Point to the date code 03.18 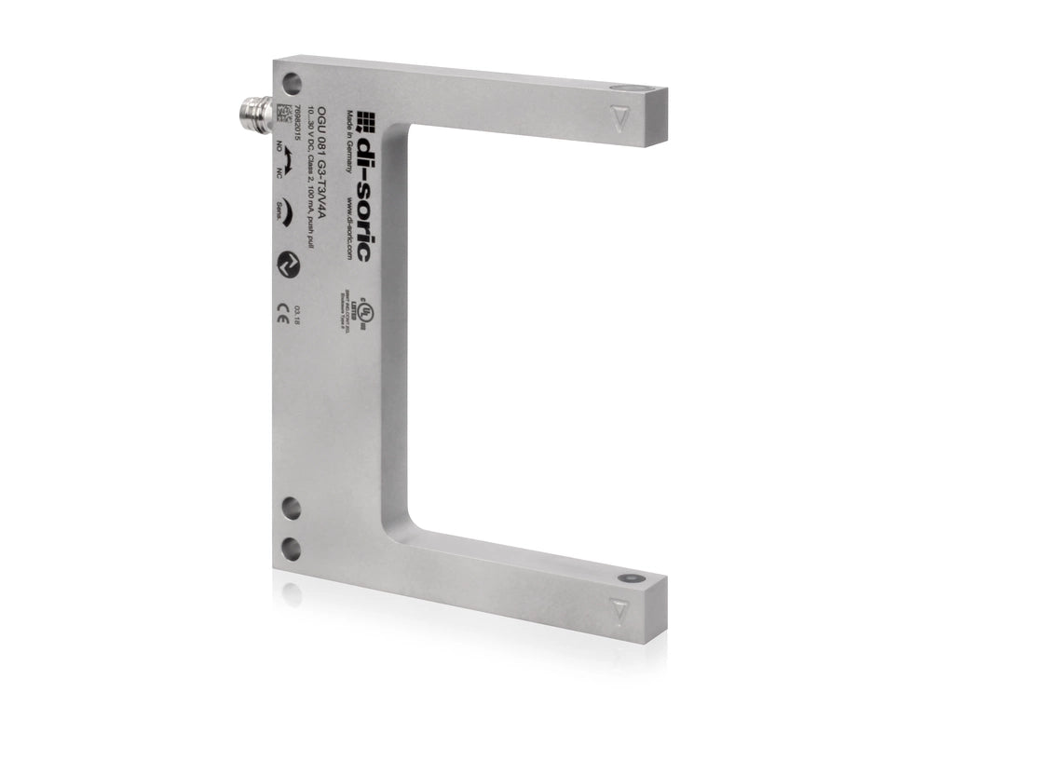click(297, 312)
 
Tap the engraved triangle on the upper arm click(619, 117)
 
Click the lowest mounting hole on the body click(292, 547)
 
